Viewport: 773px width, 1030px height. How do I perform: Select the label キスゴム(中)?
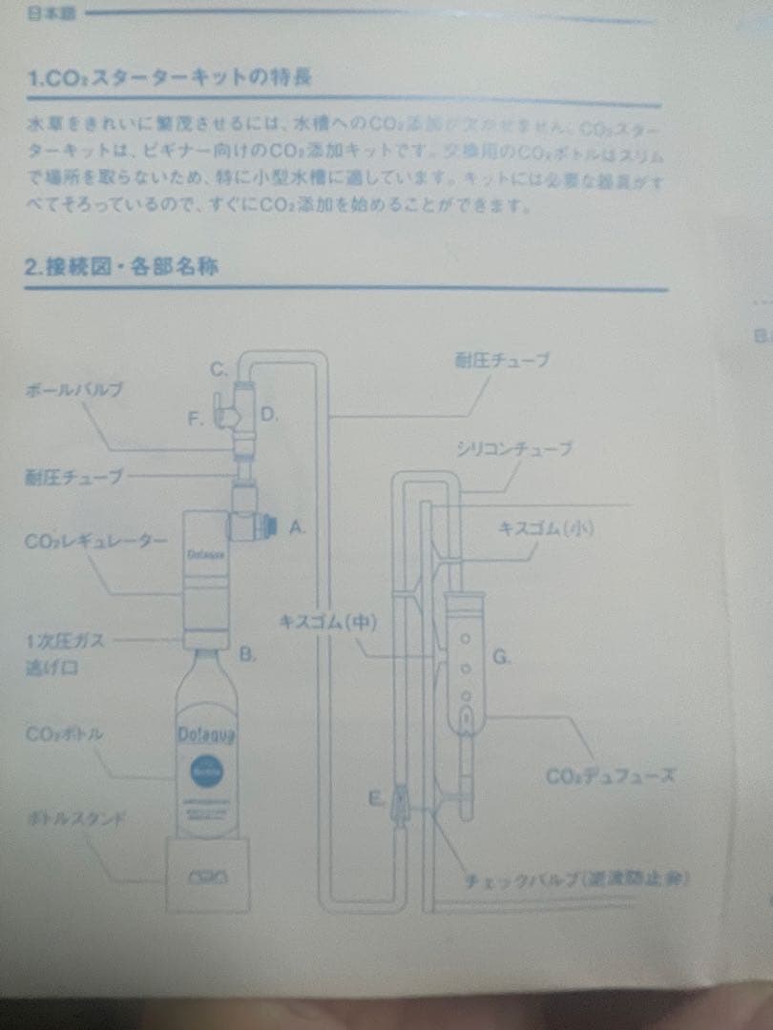pyautogui.click(x=328, y=621)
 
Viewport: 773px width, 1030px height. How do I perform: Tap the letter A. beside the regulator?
pyautogui.click(x=297, y=525)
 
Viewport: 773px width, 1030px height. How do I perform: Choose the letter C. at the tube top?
pyautogui.click(x=219, y=368)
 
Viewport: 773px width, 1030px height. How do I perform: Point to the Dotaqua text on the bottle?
pyautogui.click(x=201, y=734)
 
